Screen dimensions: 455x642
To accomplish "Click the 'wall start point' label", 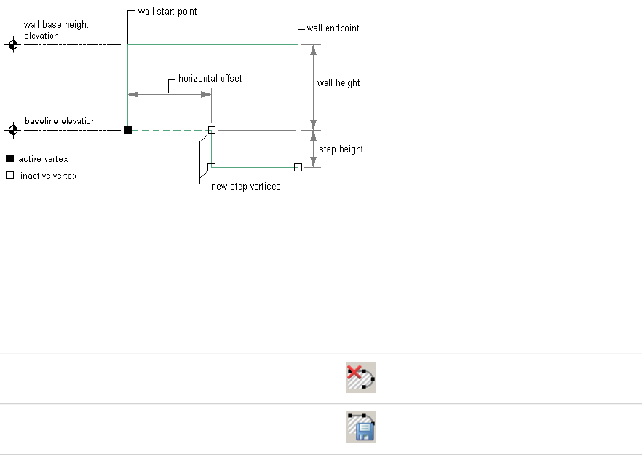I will [x=167, y=12].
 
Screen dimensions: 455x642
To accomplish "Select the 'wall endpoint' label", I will [x=333, y=28].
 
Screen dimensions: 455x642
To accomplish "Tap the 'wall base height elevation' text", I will [x=56, y=30].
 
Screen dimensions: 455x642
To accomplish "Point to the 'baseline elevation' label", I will [x=60, y=121].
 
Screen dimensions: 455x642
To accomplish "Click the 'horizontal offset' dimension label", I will [x=210, y=78].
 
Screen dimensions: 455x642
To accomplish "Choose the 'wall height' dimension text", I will [x=338, y=83].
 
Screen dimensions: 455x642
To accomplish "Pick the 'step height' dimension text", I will [x=341, y=149].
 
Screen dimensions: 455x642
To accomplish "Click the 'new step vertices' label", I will [x=245, y=187].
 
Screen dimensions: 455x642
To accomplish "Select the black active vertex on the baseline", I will [x=127, y=131].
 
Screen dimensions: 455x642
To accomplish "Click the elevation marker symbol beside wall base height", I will [x=12, y=45].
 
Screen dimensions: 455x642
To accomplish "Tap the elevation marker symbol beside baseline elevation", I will [x=12, y=131].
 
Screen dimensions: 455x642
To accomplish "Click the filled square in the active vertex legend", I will [x=10, y=158].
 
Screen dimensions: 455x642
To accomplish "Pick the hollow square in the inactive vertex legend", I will [x=10, y=175].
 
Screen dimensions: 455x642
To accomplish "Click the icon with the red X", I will [x=361, y=378].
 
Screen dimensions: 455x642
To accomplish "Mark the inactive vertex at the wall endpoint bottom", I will [x=298, y=168].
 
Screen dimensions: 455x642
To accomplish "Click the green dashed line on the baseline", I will [x=169, y=131].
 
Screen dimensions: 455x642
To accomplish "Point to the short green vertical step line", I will [x=211, y=149].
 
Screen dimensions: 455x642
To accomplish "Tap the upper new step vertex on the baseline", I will [x=212, y=131].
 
